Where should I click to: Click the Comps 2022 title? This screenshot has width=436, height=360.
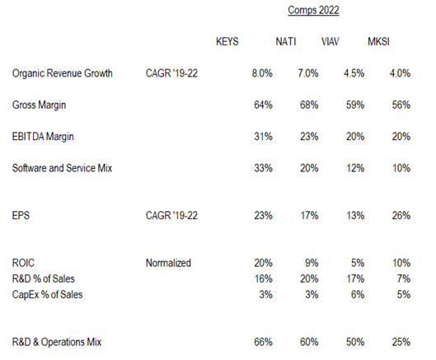point(313,10)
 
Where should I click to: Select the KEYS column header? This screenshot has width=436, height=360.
point(227,42)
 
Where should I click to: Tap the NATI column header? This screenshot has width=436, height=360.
point(286,42)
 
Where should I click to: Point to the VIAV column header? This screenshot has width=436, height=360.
point(330,42)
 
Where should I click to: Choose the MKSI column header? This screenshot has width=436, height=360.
point(378,42)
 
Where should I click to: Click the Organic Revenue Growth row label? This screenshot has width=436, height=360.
point(63,73)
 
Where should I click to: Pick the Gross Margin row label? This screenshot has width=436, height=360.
point(39,105)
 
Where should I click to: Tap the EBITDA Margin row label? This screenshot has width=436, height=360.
point(43,137)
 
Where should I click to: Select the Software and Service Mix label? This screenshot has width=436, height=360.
point(62,168)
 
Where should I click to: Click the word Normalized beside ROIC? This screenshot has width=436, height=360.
point(168,263)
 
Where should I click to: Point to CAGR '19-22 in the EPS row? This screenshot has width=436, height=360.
point(171,216)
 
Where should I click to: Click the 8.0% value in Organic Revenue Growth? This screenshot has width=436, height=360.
point(262,73)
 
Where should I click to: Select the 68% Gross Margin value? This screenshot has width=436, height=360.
point(309,105)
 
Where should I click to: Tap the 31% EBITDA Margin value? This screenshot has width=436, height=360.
point(263,137)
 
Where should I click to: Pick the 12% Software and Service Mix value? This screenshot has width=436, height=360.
point(355,168)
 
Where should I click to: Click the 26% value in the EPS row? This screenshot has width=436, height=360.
point(401,216)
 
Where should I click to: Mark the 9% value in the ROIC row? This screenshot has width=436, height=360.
point(312,263)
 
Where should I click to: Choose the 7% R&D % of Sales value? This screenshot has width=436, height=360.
point(404,278)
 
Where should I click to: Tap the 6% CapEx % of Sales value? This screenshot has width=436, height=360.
point(358,295)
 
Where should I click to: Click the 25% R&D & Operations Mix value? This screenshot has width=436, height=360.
point(401,342)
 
